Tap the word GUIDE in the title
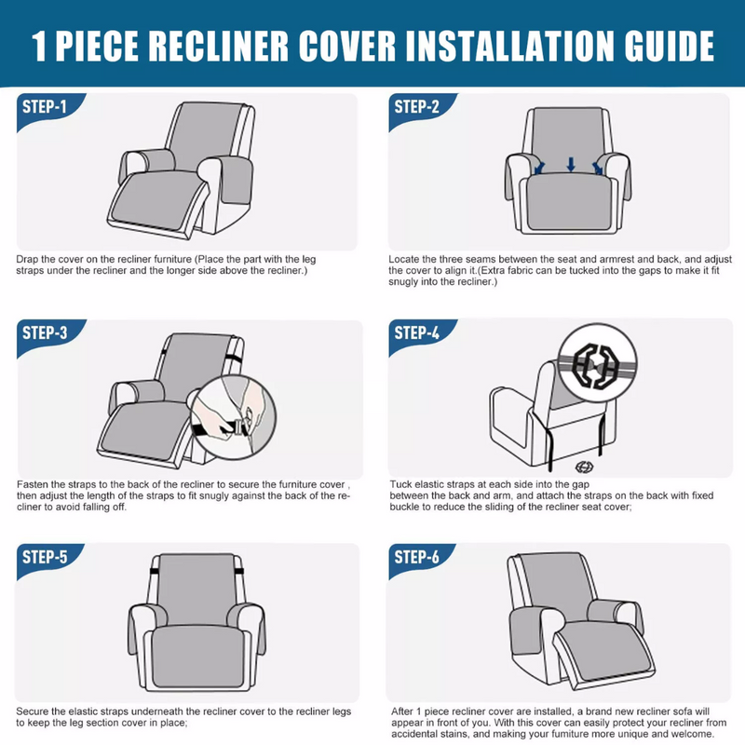[670, 46]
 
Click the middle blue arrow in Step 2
[571, 165]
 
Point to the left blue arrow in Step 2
[539, 169]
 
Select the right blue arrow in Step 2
[597, 169]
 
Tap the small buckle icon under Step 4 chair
[584, 467]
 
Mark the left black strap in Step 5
[154, 571]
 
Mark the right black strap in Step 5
[239, 571]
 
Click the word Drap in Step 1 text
[27, 260]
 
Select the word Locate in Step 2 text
[403, 260]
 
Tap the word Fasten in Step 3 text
[33, 484]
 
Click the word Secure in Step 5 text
[32, 711]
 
